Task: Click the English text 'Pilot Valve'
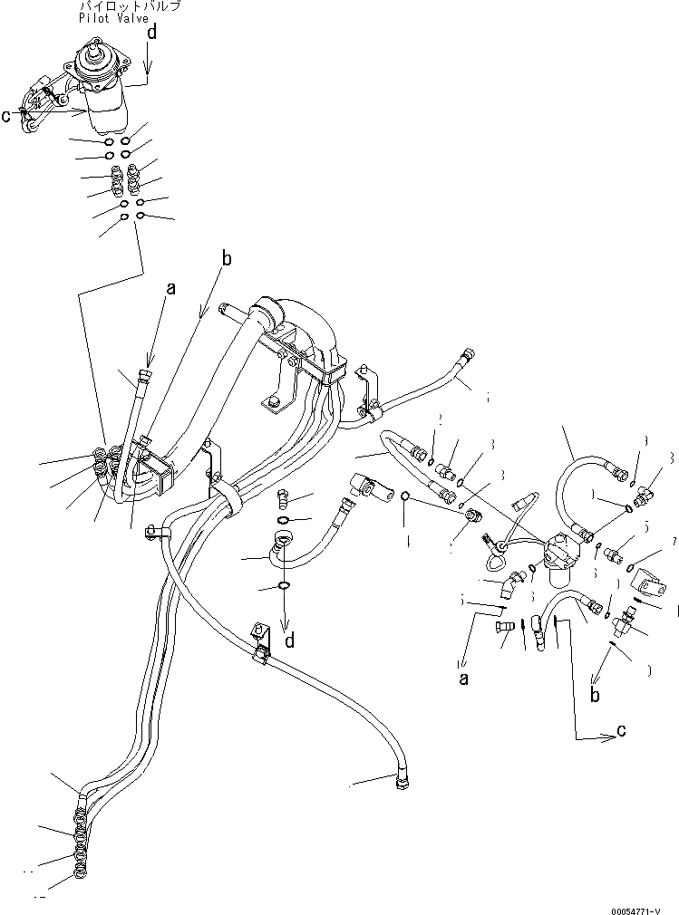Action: click(112, 18)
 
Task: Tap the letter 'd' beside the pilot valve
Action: click(152, 34)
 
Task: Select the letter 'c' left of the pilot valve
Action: click(7, 115)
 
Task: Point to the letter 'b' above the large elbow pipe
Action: click(227, 259)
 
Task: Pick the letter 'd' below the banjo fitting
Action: click(289, 640)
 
